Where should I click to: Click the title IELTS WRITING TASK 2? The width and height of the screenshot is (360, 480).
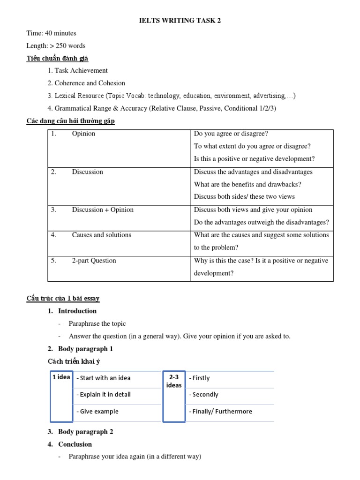(180, 20)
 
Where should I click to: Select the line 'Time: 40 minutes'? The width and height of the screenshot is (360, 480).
(51, 33)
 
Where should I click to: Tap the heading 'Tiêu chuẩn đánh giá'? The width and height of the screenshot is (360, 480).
(57, 58)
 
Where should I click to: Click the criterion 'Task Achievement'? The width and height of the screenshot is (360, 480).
(81, 70)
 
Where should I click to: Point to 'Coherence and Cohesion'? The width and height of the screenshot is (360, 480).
(90, 83)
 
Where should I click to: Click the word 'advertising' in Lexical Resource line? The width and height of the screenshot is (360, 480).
(269, 96)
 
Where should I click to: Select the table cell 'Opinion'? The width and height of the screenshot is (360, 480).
(83, 134)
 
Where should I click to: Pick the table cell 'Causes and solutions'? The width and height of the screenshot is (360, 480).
(101, 235)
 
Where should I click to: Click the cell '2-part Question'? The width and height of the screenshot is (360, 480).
(94, 261)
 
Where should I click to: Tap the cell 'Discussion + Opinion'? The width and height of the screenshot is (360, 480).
(103, 210)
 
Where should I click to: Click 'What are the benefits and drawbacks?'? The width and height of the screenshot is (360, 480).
(247, 184)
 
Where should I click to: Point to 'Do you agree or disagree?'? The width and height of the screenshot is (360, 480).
(231, 134)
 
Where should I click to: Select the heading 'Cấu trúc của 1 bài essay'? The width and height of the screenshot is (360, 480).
(63, 298)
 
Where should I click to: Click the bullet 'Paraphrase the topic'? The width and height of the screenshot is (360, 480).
(97, 323)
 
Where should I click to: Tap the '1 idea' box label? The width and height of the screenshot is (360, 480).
(61, 377)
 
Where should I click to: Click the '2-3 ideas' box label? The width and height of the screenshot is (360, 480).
(174, 381)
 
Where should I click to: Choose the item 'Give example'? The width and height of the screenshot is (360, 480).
(99, 411)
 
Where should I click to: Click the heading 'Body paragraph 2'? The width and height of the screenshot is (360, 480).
(85, 432)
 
